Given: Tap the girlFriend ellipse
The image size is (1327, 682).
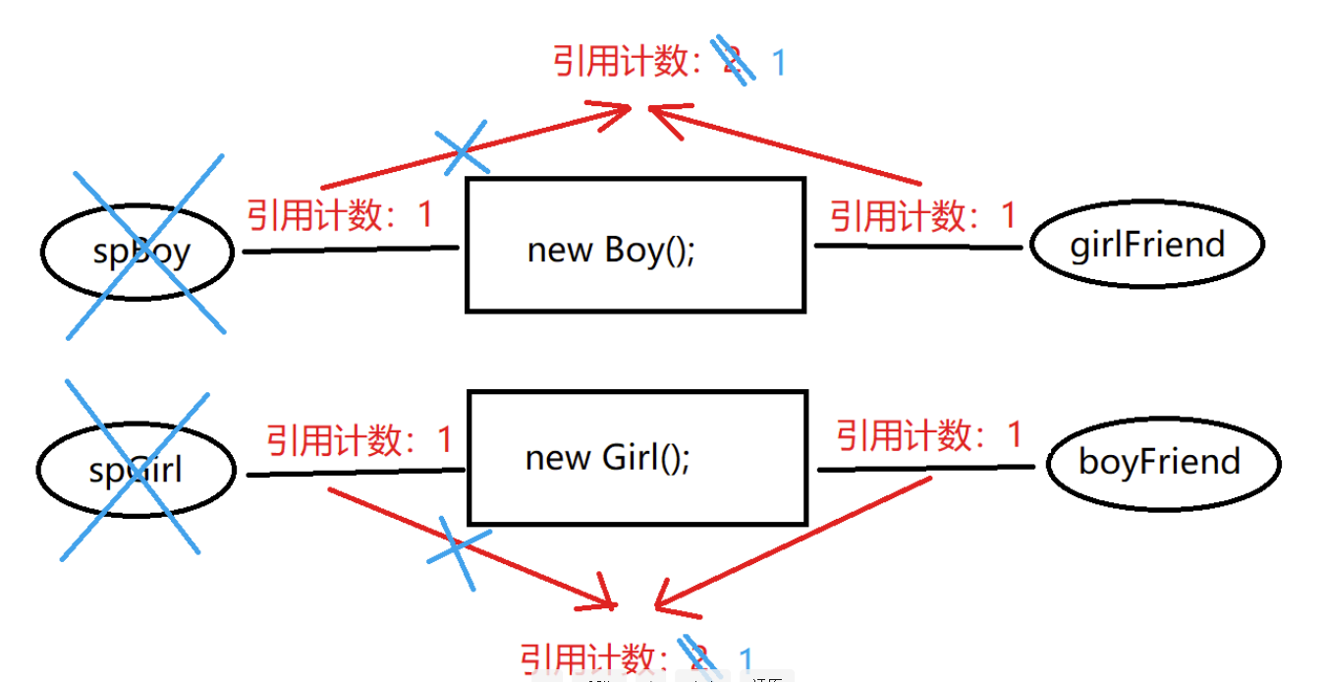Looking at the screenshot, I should (x=1147, y=244).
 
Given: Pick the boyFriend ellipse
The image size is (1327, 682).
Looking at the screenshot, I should (x=1163, y=462).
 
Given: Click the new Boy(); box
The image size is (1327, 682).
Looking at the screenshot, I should (x=635, y=246).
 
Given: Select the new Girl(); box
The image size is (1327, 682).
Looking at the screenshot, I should (x=636, y=458).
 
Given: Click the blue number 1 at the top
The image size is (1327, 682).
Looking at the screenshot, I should (x=779, y=64).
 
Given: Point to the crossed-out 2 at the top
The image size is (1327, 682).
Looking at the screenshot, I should (x=733, y=61).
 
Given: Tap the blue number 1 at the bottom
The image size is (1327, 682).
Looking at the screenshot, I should (x=746, y=659).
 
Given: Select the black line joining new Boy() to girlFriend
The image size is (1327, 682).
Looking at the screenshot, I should (x=918, y=246).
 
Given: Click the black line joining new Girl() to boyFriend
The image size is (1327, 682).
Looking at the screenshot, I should (x=926, y=469).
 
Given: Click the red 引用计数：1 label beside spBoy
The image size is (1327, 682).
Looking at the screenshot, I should (x=339, y=214).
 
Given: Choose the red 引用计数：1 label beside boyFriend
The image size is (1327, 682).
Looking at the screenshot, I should (x=929, y=434).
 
